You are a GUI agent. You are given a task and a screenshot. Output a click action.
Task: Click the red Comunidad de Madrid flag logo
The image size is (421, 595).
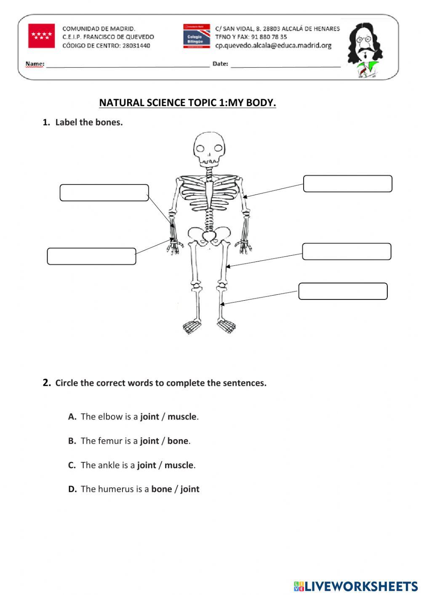[x=41, y=36]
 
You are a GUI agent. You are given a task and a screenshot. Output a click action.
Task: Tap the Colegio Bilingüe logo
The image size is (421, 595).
[x=196, y=36]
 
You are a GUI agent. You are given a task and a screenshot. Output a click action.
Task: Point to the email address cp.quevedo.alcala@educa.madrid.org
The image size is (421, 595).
[x=273, y=45]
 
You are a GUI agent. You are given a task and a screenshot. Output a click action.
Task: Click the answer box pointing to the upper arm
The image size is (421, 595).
[x=347, y=184]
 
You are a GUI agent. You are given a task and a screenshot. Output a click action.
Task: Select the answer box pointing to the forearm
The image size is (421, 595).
[x=104, y=192]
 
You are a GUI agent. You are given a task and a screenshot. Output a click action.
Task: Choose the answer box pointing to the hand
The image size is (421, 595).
[x=91, y=256]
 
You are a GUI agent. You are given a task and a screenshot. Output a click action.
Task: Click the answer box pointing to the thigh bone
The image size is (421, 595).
[x=346, y=251]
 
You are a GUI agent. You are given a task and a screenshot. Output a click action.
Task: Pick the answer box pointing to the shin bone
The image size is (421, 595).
[x=343, y=291]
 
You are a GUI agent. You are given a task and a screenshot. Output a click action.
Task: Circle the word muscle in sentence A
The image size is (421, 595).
[x=182, y=417]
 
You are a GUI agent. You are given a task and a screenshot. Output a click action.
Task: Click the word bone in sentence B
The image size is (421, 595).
[x=178, y=441]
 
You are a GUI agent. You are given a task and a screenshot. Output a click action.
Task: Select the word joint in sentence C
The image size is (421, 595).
[x=147, y=465]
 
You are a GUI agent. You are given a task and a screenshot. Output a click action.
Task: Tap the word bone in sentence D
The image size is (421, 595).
[x=162, y=489]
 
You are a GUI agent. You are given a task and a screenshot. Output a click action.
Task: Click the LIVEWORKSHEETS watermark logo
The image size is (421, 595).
[x=355, y=586]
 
